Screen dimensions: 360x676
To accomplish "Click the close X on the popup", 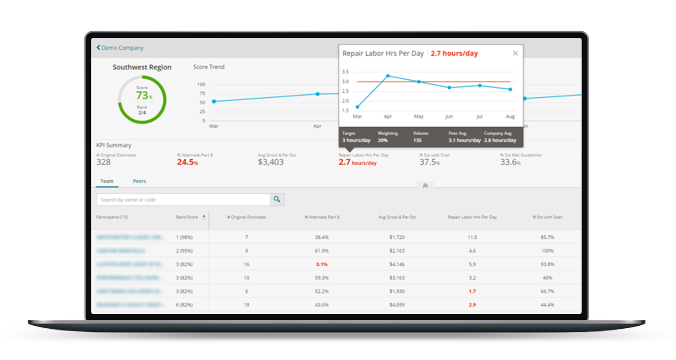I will [515, 53].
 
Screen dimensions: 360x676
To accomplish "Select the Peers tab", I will [139, 181].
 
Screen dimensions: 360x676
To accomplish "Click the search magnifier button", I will [277, 199].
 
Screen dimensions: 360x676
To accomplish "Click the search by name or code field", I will [183, 200].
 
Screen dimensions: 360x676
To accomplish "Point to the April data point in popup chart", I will [388, 76].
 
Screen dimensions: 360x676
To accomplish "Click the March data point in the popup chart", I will [357, 107].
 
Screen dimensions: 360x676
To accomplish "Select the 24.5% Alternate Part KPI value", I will [188, 162].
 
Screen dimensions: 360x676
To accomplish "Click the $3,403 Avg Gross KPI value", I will [270, 162].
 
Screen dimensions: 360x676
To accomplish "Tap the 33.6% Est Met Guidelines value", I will [510, 162].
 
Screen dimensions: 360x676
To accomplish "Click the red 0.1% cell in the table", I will [322, 264].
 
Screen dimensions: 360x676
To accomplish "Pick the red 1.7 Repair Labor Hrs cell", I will [472, 291].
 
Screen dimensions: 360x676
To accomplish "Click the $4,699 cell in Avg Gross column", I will [397, 305].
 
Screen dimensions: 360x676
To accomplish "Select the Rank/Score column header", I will [187, 217].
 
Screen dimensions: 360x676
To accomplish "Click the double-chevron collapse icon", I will [425, 186].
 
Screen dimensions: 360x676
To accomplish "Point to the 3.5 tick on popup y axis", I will [345, 72].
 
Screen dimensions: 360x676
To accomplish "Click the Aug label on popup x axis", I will [510, 117].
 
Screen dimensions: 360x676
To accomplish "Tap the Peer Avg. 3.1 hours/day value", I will [464, 140].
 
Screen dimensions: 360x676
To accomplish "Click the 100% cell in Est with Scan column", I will [547, 251].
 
